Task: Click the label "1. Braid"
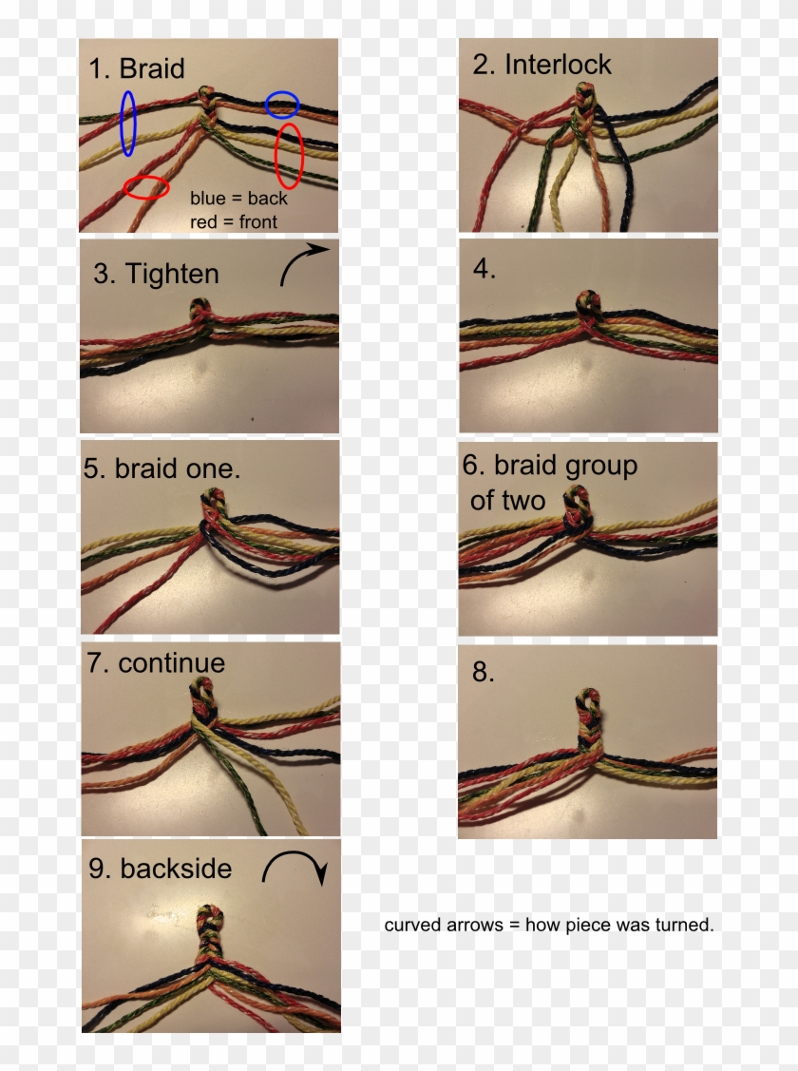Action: [x=137, y=68]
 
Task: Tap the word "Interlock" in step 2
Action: [x=558, y=65]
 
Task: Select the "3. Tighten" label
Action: [x=156, y=274]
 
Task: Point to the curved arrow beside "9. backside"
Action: [x=294, y=866]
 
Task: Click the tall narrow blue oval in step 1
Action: [x=128, y=123]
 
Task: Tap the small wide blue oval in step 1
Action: [x=282, y=105]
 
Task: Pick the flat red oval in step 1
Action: [x=146, y=187]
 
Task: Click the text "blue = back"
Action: [x=238, y=199]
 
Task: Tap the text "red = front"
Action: [x=234, y=221]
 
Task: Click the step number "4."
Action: [x=484, y=268]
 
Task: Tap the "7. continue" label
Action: [x=156, y=662]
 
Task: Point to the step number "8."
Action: [x=484, y=672]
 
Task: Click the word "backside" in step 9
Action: [x=176, y=868]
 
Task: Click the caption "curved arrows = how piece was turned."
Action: [x=548, y=925]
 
